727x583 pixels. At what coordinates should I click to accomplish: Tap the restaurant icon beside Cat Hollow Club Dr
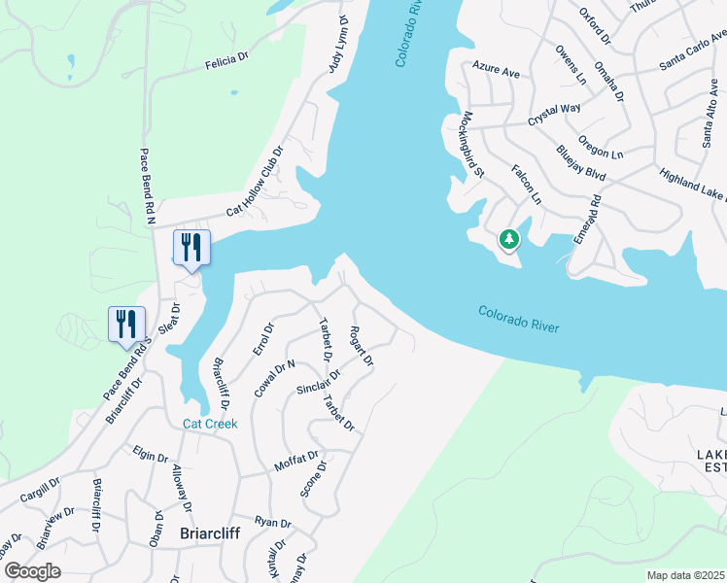tap(191, 247)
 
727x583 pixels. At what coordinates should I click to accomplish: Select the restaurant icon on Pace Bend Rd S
tap(126, 324)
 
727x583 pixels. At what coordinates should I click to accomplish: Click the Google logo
tap(32, 571)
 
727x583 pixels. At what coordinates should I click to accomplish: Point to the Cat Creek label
tap(210, 424)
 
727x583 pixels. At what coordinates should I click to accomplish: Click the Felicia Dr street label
tap(227, 61)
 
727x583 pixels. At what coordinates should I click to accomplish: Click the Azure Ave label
tap(496, 69)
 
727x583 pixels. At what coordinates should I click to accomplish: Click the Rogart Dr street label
tap(362, 345)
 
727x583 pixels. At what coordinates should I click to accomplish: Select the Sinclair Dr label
tap(318, 383)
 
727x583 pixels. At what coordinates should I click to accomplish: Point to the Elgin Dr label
tap(152, 454)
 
